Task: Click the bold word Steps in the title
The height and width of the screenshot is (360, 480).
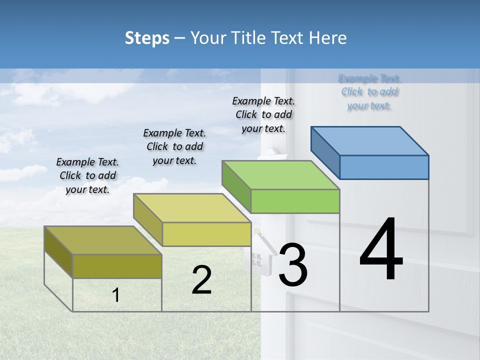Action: click(147, 38)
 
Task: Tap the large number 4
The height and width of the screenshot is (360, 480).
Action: click(381, 250)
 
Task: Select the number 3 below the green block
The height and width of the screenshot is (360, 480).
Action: click(293, 265)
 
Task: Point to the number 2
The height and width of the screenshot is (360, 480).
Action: click(201, 280)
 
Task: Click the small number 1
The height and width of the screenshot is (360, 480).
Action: click(116, 295)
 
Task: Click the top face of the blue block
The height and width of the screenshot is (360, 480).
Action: click(370, 140)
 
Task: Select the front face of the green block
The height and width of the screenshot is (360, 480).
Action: click(295, 201)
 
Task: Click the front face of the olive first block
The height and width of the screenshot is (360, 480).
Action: click(117, 266)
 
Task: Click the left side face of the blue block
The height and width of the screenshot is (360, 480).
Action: click(325, 149)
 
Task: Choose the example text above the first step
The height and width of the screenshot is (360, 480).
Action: click(87, 175)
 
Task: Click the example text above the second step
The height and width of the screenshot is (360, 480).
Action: click(174, 146)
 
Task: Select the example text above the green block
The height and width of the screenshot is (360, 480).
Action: click(263, 114)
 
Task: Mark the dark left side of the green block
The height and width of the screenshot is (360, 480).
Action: click(236, 186)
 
